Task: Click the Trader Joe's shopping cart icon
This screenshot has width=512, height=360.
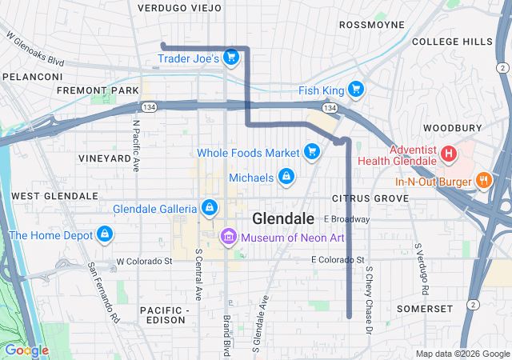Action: point(231,57)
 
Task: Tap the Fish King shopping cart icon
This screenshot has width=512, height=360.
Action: point(356,90)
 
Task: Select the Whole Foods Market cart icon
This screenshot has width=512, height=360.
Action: point(313,151)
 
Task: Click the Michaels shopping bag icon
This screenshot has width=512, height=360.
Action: point(286,176)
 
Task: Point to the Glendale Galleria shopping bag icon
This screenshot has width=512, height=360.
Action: point(210,208)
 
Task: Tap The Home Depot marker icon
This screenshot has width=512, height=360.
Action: point(103,234)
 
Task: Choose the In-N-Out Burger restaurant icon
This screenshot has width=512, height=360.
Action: point(483,181)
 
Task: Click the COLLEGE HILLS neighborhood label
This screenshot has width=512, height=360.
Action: point(452,41)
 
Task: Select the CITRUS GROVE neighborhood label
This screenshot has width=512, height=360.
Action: point(359,198)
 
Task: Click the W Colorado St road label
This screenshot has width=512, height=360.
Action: point(144,261)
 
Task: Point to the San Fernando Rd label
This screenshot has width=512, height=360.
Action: point(104,282)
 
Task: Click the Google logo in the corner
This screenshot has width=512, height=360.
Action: point(26,350)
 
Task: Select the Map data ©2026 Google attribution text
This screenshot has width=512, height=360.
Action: point(462,354)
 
